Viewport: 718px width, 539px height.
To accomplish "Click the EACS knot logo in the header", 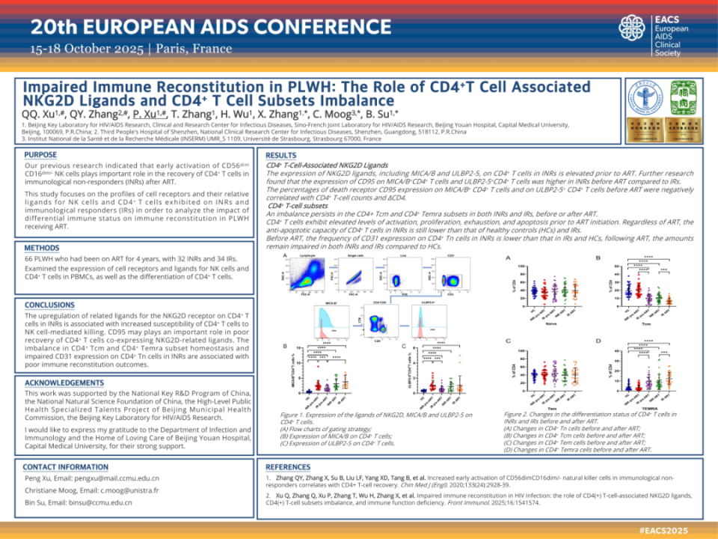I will [x=634, y=30].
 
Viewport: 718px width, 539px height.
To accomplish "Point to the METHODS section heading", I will [x=42, y=248].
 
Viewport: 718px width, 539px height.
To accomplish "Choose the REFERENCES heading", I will [x=288, y=466].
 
